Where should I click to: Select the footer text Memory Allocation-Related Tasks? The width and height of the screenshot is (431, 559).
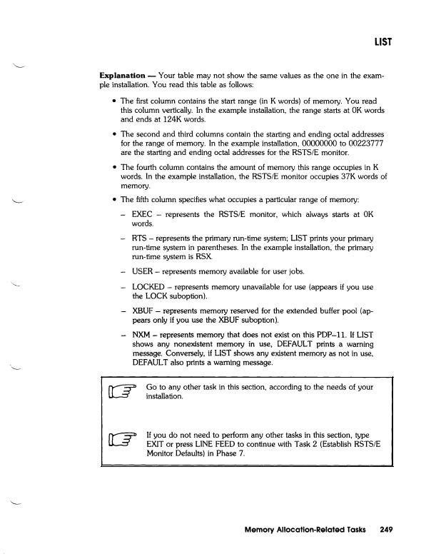(306, 530)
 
